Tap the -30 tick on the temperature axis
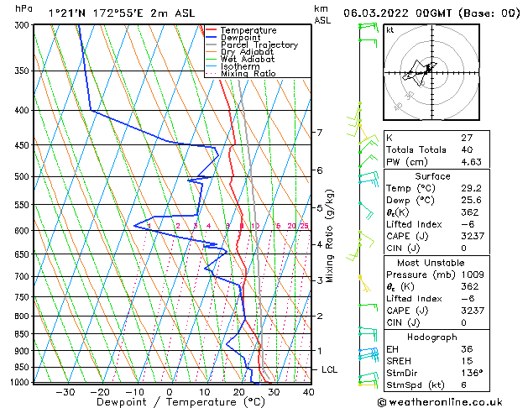coord(65,392)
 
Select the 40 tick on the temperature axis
coord(308,392)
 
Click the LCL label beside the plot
coord(330,369)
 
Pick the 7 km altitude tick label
coord(319,133)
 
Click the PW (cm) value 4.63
coord(470,162)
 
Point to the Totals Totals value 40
coord(466,150)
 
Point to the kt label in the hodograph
coord(390,30)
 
